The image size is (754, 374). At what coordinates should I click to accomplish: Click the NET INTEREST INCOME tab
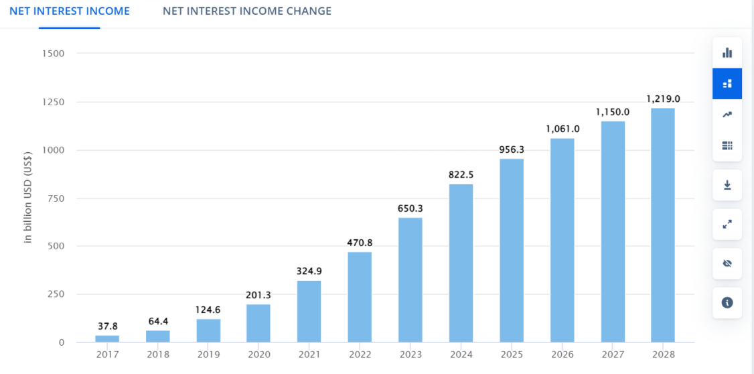coord(70,11)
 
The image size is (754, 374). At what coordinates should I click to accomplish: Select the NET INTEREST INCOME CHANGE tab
coord(247,11)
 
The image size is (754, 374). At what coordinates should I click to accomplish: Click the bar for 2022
coord(360,297)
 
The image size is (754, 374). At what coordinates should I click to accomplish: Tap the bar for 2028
coord(663,225)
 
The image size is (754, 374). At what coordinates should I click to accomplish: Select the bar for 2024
coord(461,263)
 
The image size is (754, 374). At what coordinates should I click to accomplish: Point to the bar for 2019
coord(208,330)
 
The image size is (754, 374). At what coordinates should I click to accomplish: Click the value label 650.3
coord(410,208)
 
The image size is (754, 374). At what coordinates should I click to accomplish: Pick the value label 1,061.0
coord(562,129)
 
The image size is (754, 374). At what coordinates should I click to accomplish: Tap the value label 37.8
coord(107,326)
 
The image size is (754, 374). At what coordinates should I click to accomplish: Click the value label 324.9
coord(309,271)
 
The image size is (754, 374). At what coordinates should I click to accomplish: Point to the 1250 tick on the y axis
coord(53,102)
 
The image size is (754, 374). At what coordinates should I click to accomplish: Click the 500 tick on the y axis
coord(56,246)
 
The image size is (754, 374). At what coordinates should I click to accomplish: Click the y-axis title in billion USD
coord(28,198)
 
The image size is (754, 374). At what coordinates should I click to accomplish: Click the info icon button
coord(727,303)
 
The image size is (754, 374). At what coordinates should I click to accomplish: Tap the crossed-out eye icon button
coord(727,263)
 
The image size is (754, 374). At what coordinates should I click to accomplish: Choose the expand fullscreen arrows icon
coord(727,225)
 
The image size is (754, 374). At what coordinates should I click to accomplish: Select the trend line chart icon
coord(727,115)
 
